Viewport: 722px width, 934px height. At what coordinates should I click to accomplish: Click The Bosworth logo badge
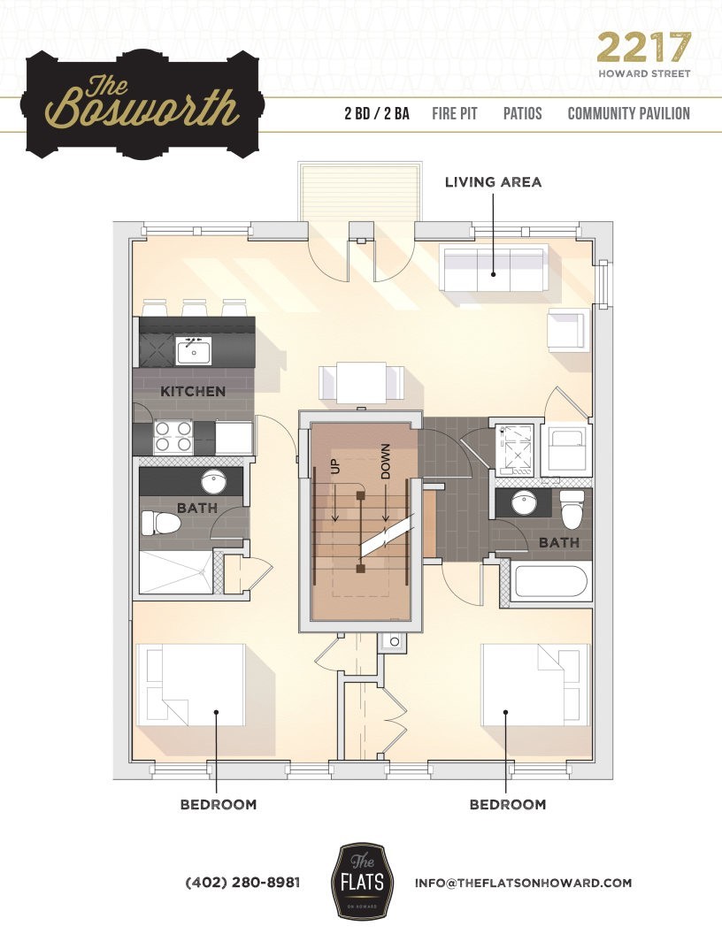[x=143, y=103]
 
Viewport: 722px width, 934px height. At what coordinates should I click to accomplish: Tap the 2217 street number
[x=643, y=47]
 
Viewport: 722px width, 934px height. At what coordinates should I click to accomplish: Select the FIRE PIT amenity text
[x=455, y=114]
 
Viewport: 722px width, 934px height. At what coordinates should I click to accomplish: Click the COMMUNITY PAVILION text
[x=628, y=114]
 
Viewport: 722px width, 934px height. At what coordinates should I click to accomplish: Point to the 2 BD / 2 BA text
[x=377, y=114]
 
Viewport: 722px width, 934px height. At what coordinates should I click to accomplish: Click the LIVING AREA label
[x=493, y=182]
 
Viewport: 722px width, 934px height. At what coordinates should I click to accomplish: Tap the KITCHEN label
[x=192, y=391]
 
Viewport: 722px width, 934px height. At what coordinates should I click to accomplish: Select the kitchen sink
[x=192, y=351]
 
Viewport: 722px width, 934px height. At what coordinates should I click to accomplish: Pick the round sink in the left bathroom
[x=213, y=482]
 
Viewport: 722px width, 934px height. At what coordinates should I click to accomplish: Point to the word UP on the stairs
[x=335, y=466]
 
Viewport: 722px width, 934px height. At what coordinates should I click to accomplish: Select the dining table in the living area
[x=363, y=383]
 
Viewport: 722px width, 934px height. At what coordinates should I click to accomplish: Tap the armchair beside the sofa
[x=566, y=330]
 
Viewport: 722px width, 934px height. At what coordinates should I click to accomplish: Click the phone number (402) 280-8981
[x=242, y=883]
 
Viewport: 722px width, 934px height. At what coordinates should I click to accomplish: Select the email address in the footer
[x=523, y=883]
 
